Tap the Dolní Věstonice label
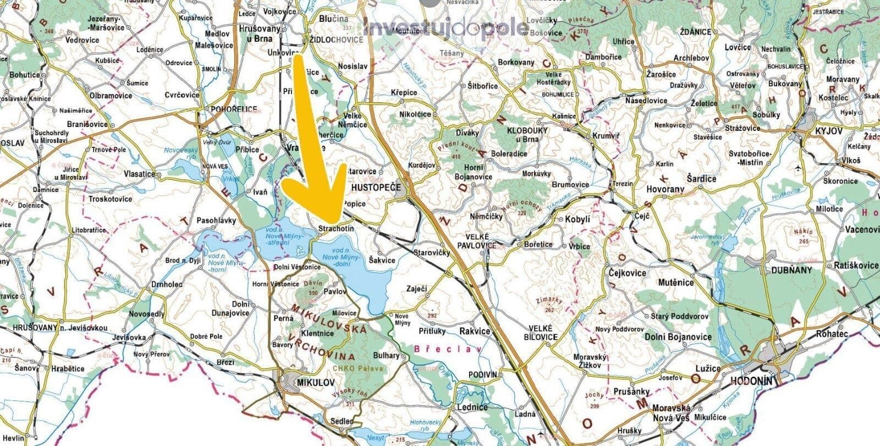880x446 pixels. point(296,267)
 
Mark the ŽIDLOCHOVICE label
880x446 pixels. point(335,40)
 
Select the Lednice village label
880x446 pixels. point(472,408)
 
